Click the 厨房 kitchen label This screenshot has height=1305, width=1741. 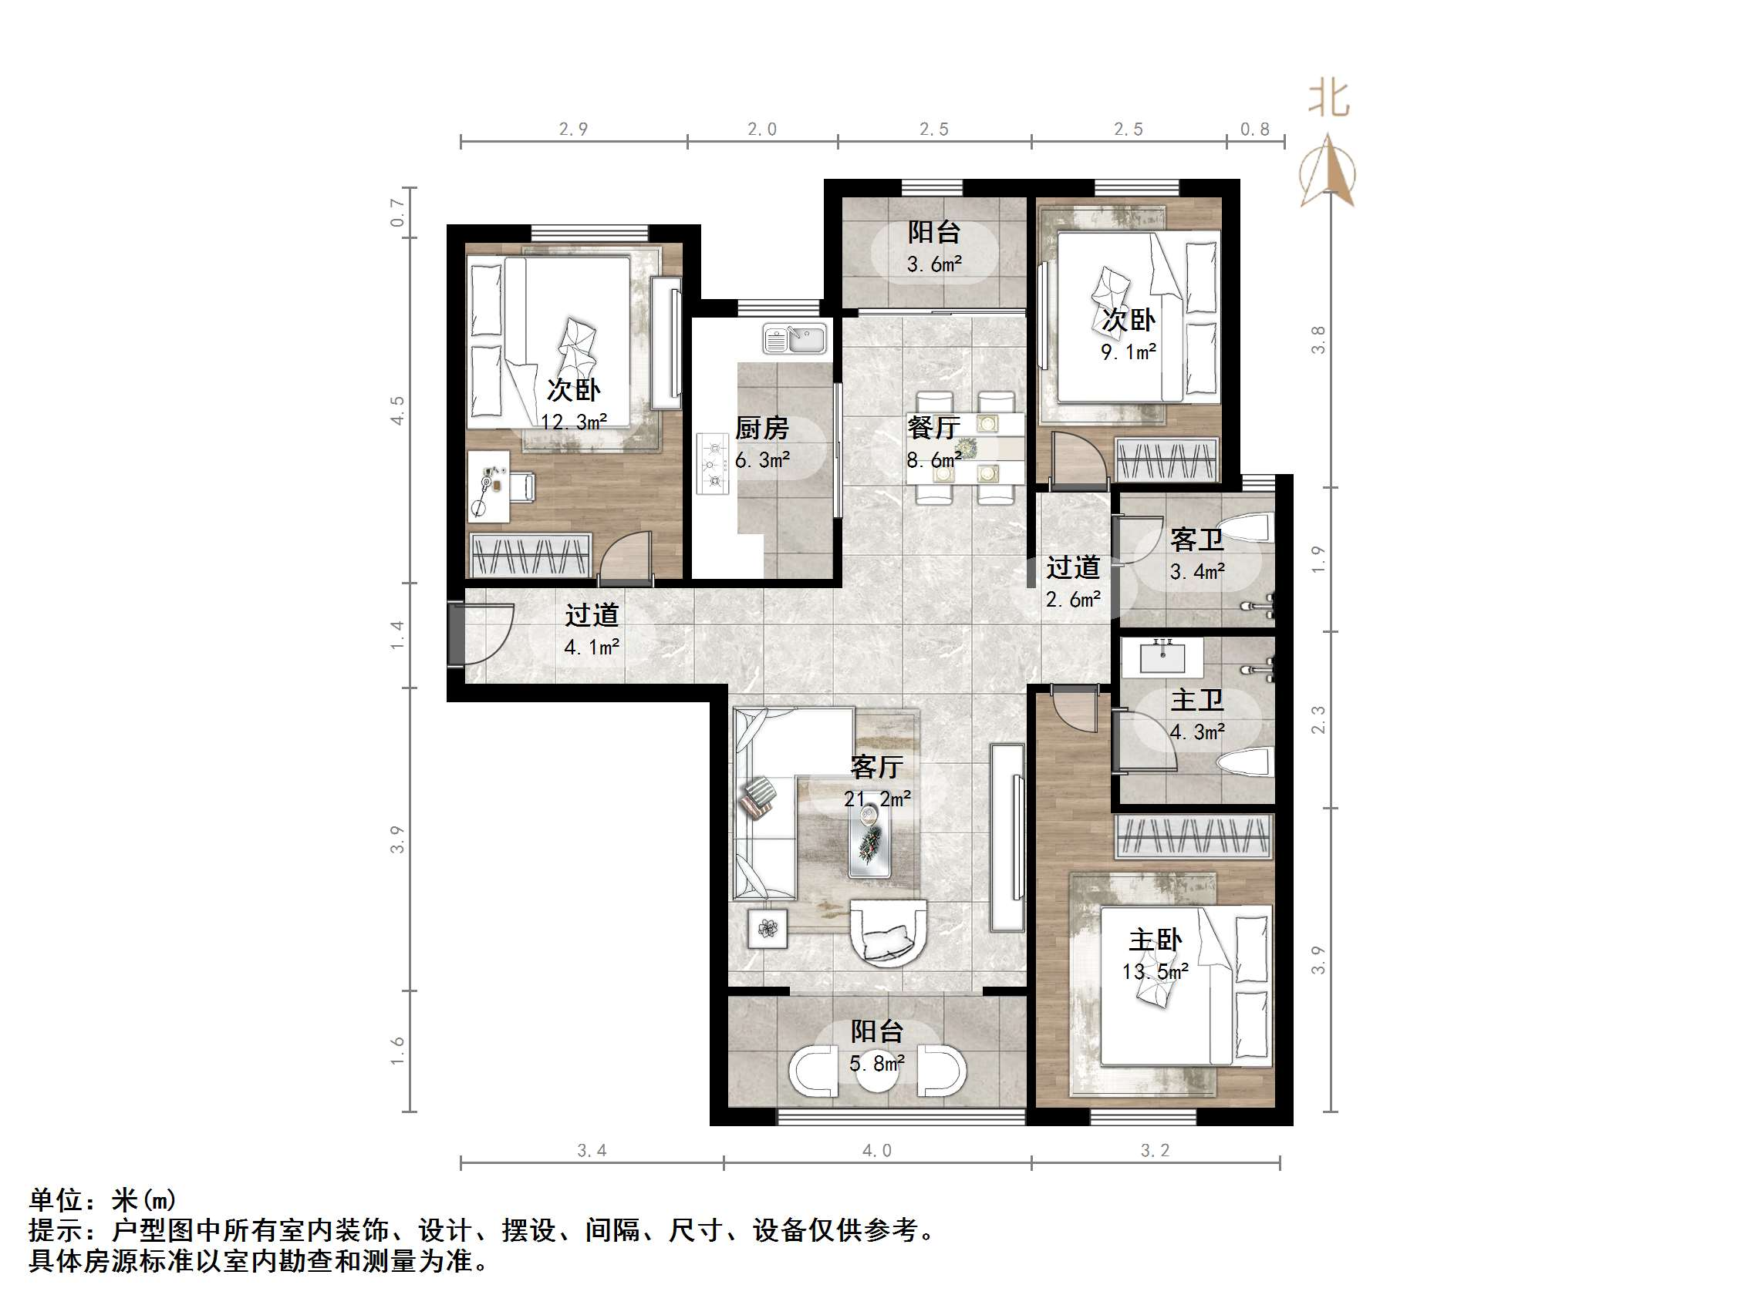point(761,429)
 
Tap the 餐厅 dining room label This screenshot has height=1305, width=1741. point(933,428)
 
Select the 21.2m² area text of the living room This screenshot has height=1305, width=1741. point(877,799)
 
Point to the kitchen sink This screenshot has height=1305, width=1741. point(795,340)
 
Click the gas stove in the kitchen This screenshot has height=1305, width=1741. point(713,463)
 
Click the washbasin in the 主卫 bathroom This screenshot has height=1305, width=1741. point(1162,658)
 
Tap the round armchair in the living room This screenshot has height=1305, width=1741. point(889,934)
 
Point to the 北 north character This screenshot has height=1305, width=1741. point(1328,100)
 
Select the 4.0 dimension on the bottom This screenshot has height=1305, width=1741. point(876,1151)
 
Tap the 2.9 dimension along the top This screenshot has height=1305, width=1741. point(573,129)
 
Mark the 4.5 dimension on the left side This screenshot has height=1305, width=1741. point(397,411)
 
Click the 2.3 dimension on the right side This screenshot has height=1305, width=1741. point(1318,720)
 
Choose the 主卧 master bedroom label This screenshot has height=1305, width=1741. point(1155,940)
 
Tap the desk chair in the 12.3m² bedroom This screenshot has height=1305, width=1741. point(521,486)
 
